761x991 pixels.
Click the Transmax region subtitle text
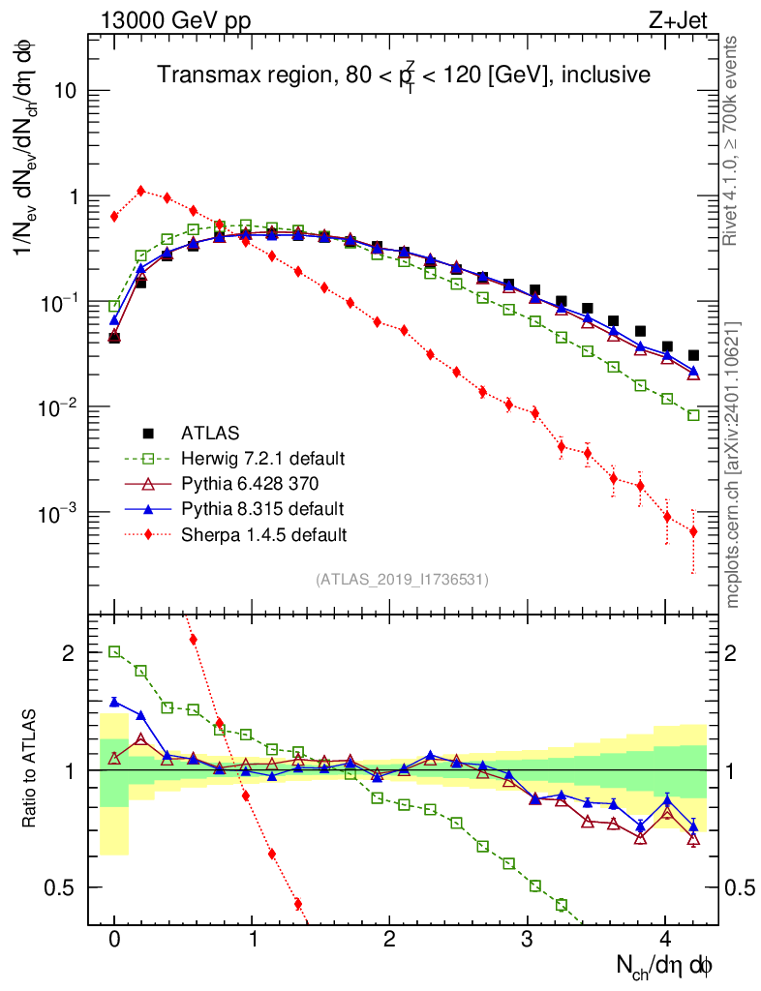[x=404, y=75]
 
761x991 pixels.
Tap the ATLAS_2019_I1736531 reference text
[x=402, y=580]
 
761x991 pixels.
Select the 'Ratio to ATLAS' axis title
[x=32, y=769]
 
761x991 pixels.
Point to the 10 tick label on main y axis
[x=65, y=92]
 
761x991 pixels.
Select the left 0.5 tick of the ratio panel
[x=64, y=887]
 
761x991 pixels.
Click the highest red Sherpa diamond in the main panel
[x=141, y=191]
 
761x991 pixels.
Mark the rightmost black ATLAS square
[x=693, y=355]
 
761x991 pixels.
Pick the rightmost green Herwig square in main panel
[x=693, y=415]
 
